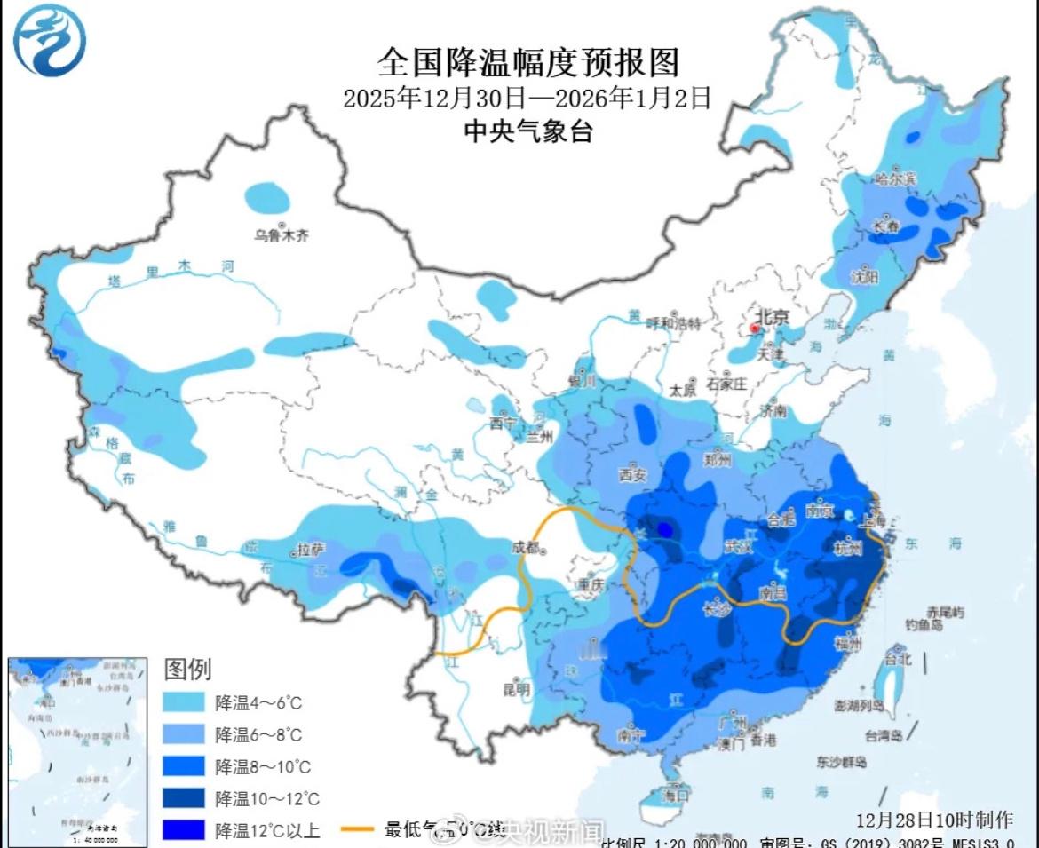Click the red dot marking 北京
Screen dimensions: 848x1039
tap(754, 329)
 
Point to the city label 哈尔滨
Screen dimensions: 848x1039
tap(895, 178)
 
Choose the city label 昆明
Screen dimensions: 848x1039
tap(516, 688)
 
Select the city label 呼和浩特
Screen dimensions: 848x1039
tap(673, 322)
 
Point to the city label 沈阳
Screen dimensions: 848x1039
tap(863, 277)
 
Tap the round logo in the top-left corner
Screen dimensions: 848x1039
tap(50, 40)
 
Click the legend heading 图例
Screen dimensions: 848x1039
tap(187, 669)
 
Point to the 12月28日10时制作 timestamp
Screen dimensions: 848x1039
tap(933, 818)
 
